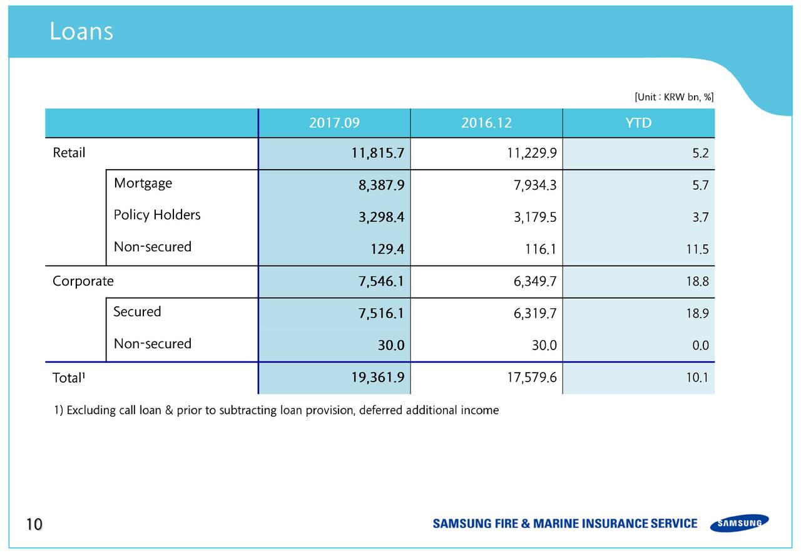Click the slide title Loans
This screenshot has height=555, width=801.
click(81, 31)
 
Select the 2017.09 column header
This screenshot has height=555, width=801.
click(334, 123)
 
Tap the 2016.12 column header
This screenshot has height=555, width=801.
click(486, 123)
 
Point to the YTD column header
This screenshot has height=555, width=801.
click(638, 123)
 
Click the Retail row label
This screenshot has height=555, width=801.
click(69, 153)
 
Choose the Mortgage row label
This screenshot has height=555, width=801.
click(143, 183)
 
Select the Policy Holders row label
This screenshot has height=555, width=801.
click(157, 215)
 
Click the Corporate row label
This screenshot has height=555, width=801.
click(83, 281)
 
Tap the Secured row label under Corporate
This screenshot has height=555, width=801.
click(137, 311)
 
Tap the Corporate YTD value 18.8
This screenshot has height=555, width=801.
click(697, 282)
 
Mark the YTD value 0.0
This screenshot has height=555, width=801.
click(700, 345)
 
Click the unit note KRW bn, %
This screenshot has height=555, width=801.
click(674, 97)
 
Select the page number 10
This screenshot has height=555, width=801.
click(34, 524)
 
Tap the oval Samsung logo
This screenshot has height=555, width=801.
click(740, 523)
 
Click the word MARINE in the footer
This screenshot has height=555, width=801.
click(553, 524)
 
